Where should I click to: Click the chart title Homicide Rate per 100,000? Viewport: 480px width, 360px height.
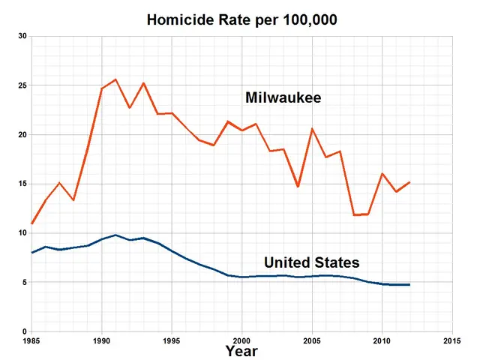pyautogui.click(x=241, y=19)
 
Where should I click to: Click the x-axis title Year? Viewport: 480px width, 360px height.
pyautogui.click(x=241, y=350)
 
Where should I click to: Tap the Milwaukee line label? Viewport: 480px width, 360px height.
pyautogui.click(x=283, y=97)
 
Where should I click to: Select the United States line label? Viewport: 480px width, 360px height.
pyautogui.click(x=311, y=262)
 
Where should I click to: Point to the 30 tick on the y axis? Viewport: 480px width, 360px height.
pyautogui.click(x=22, y=37)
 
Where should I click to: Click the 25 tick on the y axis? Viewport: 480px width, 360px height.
pyautogui.click(x=22, y=85)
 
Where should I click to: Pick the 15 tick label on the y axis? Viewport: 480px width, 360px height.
pyautogui.click(x=22, y=184)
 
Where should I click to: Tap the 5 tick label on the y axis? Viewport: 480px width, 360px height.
pyautogui.click(x=24, y=282)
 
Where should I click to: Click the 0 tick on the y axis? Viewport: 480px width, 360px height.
pyautogui.click(x=24, y=331)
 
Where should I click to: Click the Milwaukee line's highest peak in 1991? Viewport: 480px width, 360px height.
pyautogui.click(x=115, y=79)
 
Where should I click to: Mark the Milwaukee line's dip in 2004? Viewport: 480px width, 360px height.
pyautogui.click(x=298, y=187)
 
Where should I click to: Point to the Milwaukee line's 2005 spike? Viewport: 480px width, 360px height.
pyautogui.click(x=312, y=129)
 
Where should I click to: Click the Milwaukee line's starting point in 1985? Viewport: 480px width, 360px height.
pyautogui.click(x=31, y=223)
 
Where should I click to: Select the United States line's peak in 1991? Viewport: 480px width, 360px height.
pyautogui.click(x=115, y=235)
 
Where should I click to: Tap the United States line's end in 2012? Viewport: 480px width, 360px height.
pyautogui.click(x=409, y=285)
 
